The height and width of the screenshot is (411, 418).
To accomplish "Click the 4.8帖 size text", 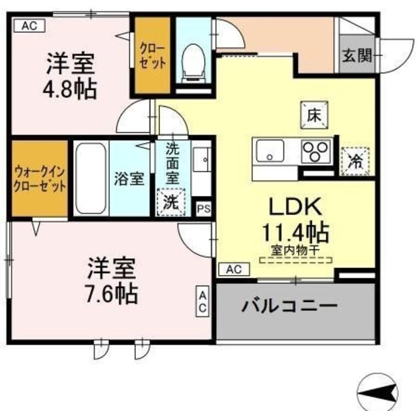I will pyautogui.click(x=71, y=88).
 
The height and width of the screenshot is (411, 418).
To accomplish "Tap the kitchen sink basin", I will pyautogui.click(x=268, y=154).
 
